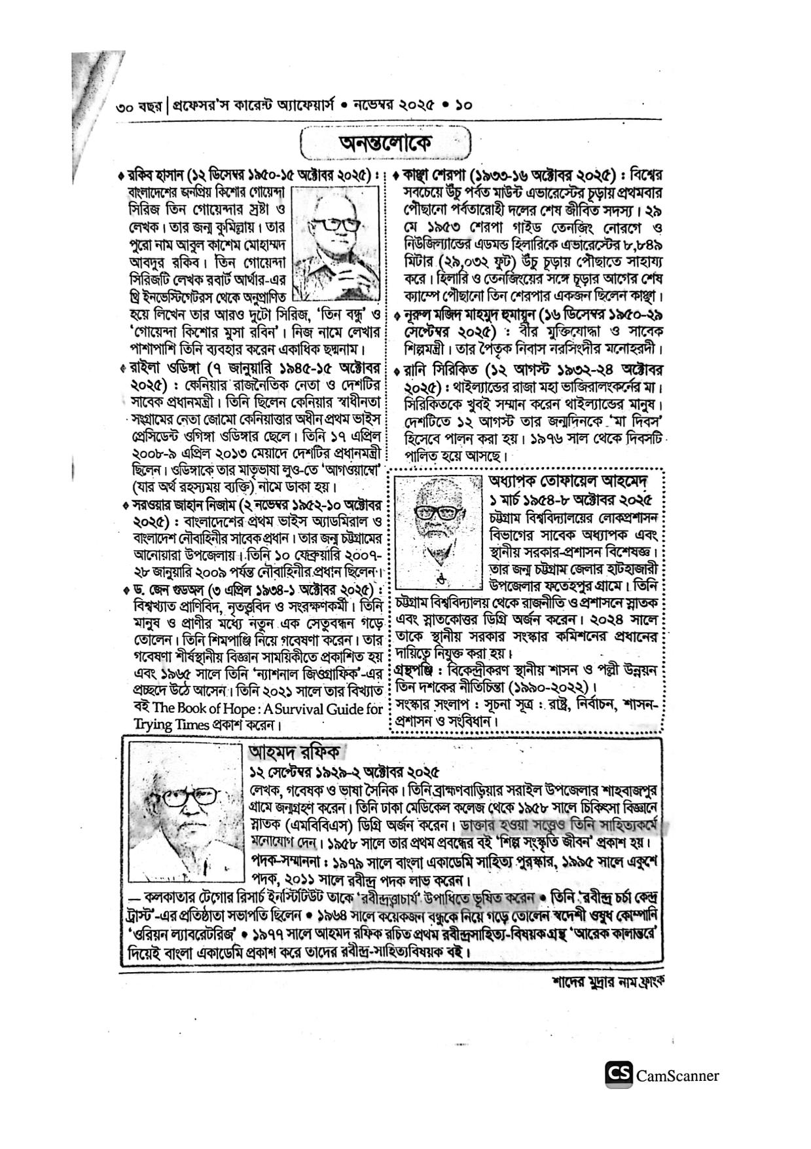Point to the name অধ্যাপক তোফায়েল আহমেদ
[568, 481]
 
